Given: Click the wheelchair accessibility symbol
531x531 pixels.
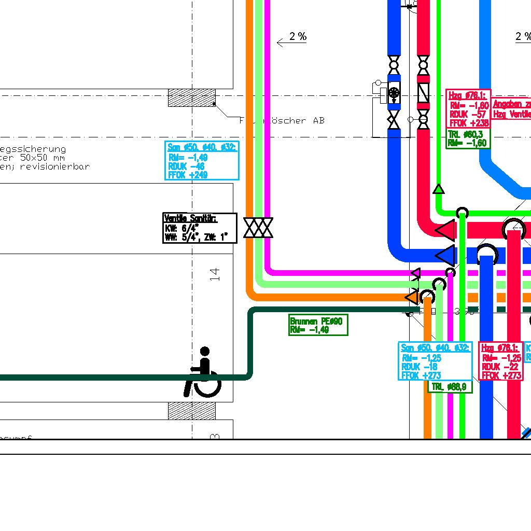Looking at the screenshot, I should [x=204, y=372].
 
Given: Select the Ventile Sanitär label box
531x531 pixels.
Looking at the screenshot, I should [x=200, y=228].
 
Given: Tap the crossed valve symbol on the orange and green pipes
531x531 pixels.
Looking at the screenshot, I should [x=258, y=228].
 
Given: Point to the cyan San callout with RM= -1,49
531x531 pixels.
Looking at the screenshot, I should [x=202, y=161].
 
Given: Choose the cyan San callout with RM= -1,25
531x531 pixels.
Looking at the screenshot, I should [x=435, y=361].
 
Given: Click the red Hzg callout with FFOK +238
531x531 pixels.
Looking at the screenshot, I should [x=468, y=109].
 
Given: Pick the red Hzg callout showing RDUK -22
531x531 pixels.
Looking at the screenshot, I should [x=500, y=361].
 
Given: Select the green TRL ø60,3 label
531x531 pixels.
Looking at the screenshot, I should [x=467, y=138].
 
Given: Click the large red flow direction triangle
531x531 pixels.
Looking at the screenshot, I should [x=445, y=230].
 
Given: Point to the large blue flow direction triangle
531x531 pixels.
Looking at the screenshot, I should [x=445, y=255].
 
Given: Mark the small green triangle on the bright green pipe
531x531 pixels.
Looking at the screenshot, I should [x=439, y=189].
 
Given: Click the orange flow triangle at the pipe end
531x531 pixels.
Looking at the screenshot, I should [x=411, y=297].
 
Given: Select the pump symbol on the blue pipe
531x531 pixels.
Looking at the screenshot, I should [x=394, y=93].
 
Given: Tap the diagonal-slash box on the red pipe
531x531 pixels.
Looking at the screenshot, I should [x=424, y=93].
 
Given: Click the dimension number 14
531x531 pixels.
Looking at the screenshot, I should [x=215, y=274].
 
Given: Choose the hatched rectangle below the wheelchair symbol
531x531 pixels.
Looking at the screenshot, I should [x=192, y=411].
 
